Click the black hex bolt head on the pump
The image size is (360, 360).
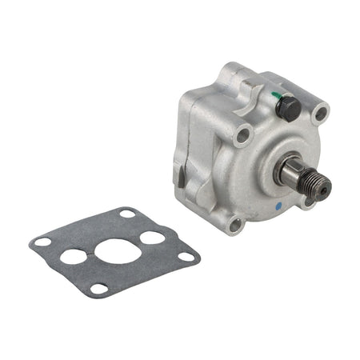287,106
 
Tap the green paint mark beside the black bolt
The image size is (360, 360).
275,95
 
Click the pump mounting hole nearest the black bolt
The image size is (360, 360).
321,114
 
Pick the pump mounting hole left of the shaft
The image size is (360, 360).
242,137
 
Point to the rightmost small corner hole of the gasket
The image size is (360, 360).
186,256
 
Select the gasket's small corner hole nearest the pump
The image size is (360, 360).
126,214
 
